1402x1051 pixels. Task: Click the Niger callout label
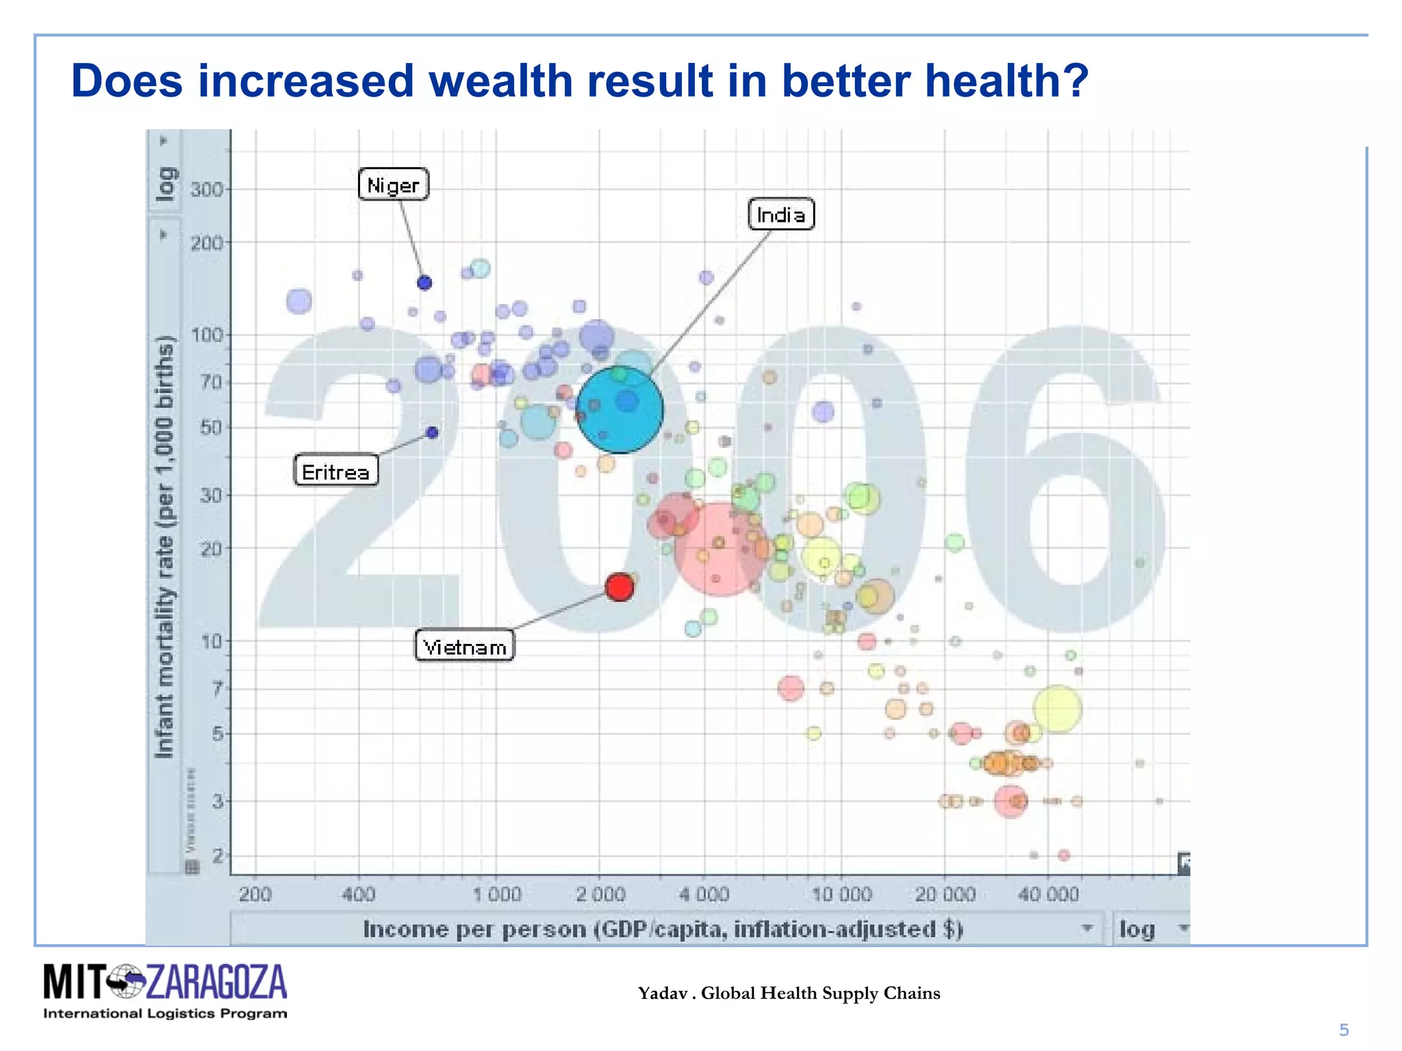pos(394,185)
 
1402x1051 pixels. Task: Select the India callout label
pos(781,215)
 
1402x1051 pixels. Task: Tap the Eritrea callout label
pos(335,471)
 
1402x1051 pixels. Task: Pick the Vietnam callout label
pos(465,646)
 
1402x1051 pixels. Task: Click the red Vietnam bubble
pos(620,587)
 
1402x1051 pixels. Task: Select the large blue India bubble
pos(620,410)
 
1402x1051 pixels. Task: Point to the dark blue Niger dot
pos(424,283)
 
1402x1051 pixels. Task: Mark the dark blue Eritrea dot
pos(432,432)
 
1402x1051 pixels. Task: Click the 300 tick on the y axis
pos(207,189)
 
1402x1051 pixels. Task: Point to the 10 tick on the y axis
pos(211,641)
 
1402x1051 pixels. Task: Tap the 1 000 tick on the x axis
pos(498,894)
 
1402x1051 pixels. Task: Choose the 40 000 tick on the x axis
pos(1048,894)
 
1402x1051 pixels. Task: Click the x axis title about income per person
pos(663,929)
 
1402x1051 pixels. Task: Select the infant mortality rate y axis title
pos(164,547)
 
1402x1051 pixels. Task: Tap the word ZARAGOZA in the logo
pos(216,983)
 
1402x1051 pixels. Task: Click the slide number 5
pos(1344,1030)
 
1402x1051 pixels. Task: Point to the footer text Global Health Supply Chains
pos(820,994)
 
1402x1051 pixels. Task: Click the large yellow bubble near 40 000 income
pos(1058,709)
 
